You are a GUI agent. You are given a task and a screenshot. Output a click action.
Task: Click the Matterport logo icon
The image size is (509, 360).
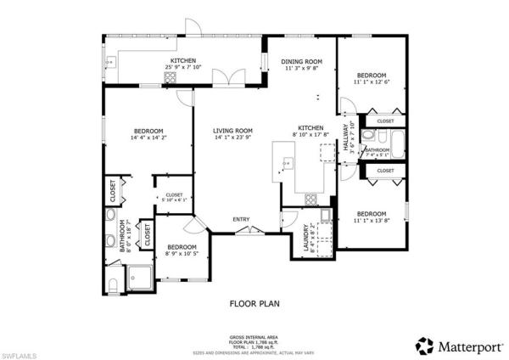tap(423, 346)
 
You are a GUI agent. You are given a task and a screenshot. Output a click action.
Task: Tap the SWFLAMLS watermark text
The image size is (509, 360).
tap(19, 351)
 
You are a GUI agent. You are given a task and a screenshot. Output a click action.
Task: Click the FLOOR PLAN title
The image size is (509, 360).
tap(254, 302)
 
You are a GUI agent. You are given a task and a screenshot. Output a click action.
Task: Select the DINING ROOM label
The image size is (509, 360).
tap(301, 61)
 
